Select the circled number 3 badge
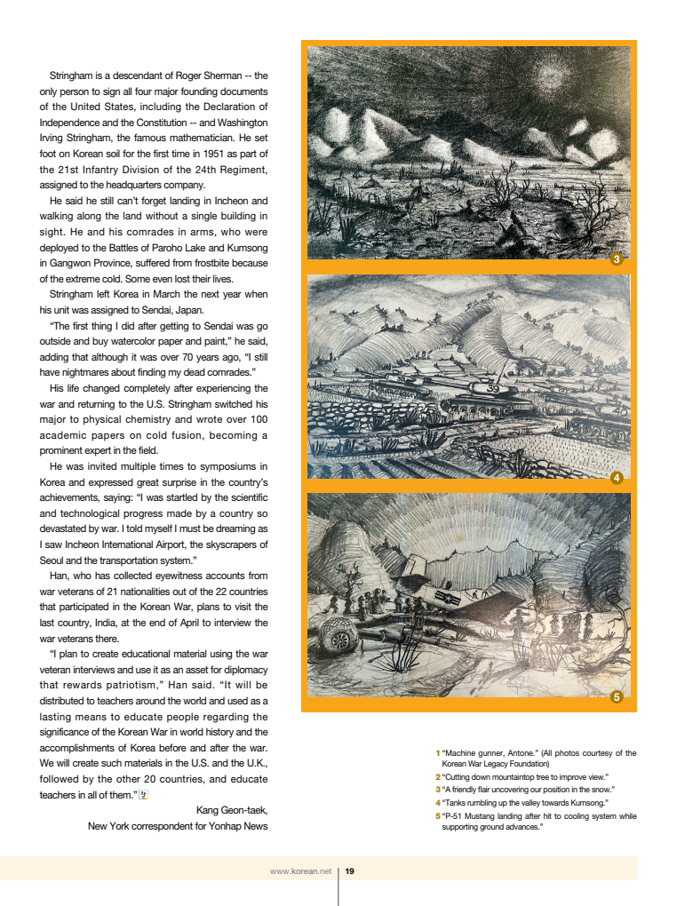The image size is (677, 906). pos(617,260)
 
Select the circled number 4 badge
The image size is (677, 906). pos(617,479)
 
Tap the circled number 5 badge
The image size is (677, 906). pos(617,697)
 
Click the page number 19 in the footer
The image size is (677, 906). pos(350,871)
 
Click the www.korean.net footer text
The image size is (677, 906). pos(300,871)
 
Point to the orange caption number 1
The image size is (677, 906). pos(437,753)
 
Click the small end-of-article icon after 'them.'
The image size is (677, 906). pos(143,794)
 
